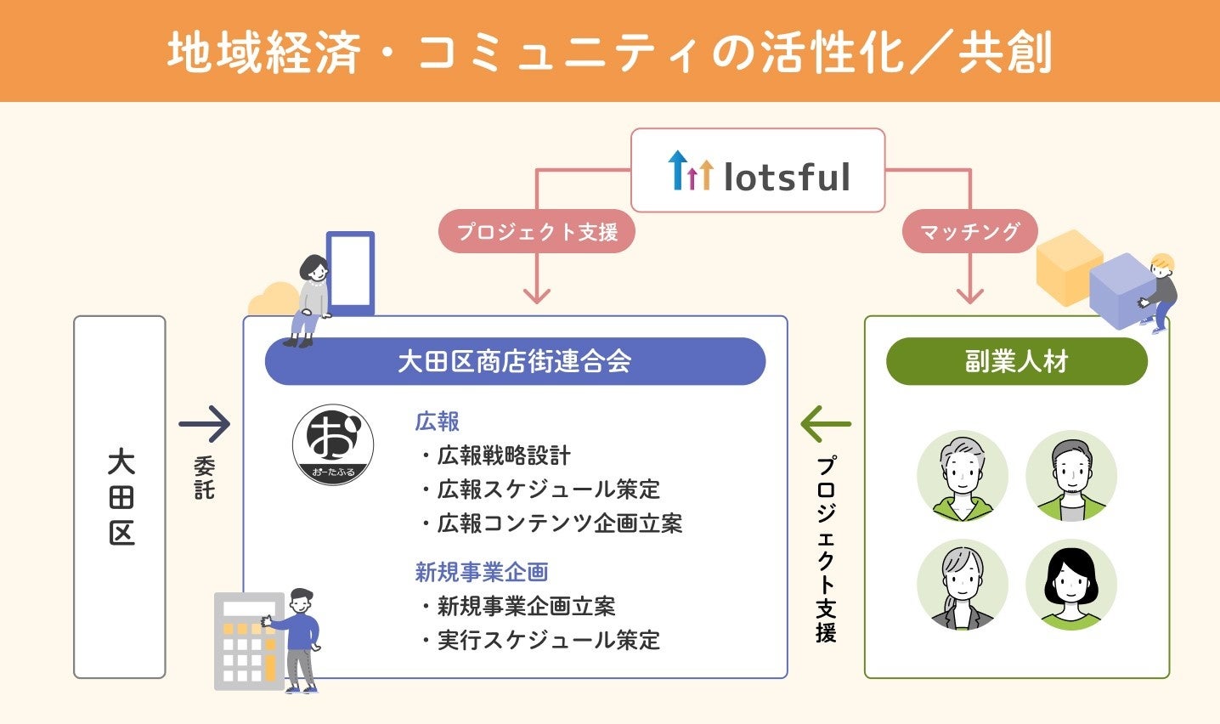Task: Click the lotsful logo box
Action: click(x=758, y=171)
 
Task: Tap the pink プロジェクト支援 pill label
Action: click(x=536, y=231)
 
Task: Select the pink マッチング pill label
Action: click(x=969, y=231)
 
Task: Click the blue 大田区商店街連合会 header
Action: click(x=515, y=361)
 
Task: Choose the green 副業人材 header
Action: click(x=1016, y=361)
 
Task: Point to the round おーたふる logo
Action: click(x=332, y=444)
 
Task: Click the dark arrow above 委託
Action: click(x=204, y=423)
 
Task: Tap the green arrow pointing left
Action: click(x=825, y=423)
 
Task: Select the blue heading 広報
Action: click(x=438, y=421)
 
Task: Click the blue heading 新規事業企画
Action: click(x=482, y=572)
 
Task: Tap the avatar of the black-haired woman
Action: click(x=1070, y=586)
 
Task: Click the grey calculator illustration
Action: click(x=248, y=641)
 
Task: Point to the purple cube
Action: click(x=1121, y=289)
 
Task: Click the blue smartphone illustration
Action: click(x=350, y=272)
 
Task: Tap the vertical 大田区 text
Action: click(x=121, y=497)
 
